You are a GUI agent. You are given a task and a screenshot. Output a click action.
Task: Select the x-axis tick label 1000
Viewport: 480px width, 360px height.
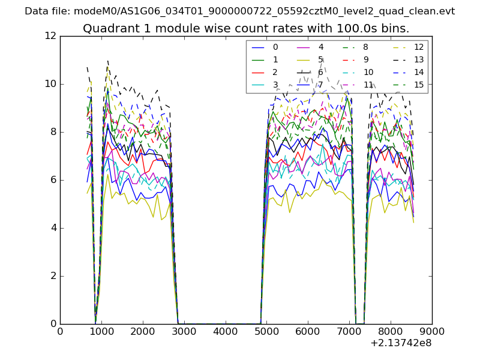coord(101,331)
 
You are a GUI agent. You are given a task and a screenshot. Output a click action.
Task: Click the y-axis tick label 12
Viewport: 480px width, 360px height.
coord(50,36)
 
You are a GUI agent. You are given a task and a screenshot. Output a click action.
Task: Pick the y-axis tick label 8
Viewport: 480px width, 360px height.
coord(53,132)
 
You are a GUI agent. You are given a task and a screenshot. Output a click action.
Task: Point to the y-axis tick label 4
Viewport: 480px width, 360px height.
coord(53,228)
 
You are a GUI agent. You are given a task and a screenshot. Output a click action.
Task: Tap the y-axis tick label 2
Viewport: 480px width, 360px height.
coord(53,276)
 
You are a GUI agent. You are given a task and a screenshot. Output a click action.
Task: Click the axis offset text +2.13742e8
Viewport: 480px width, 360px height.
coord(401,344)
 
